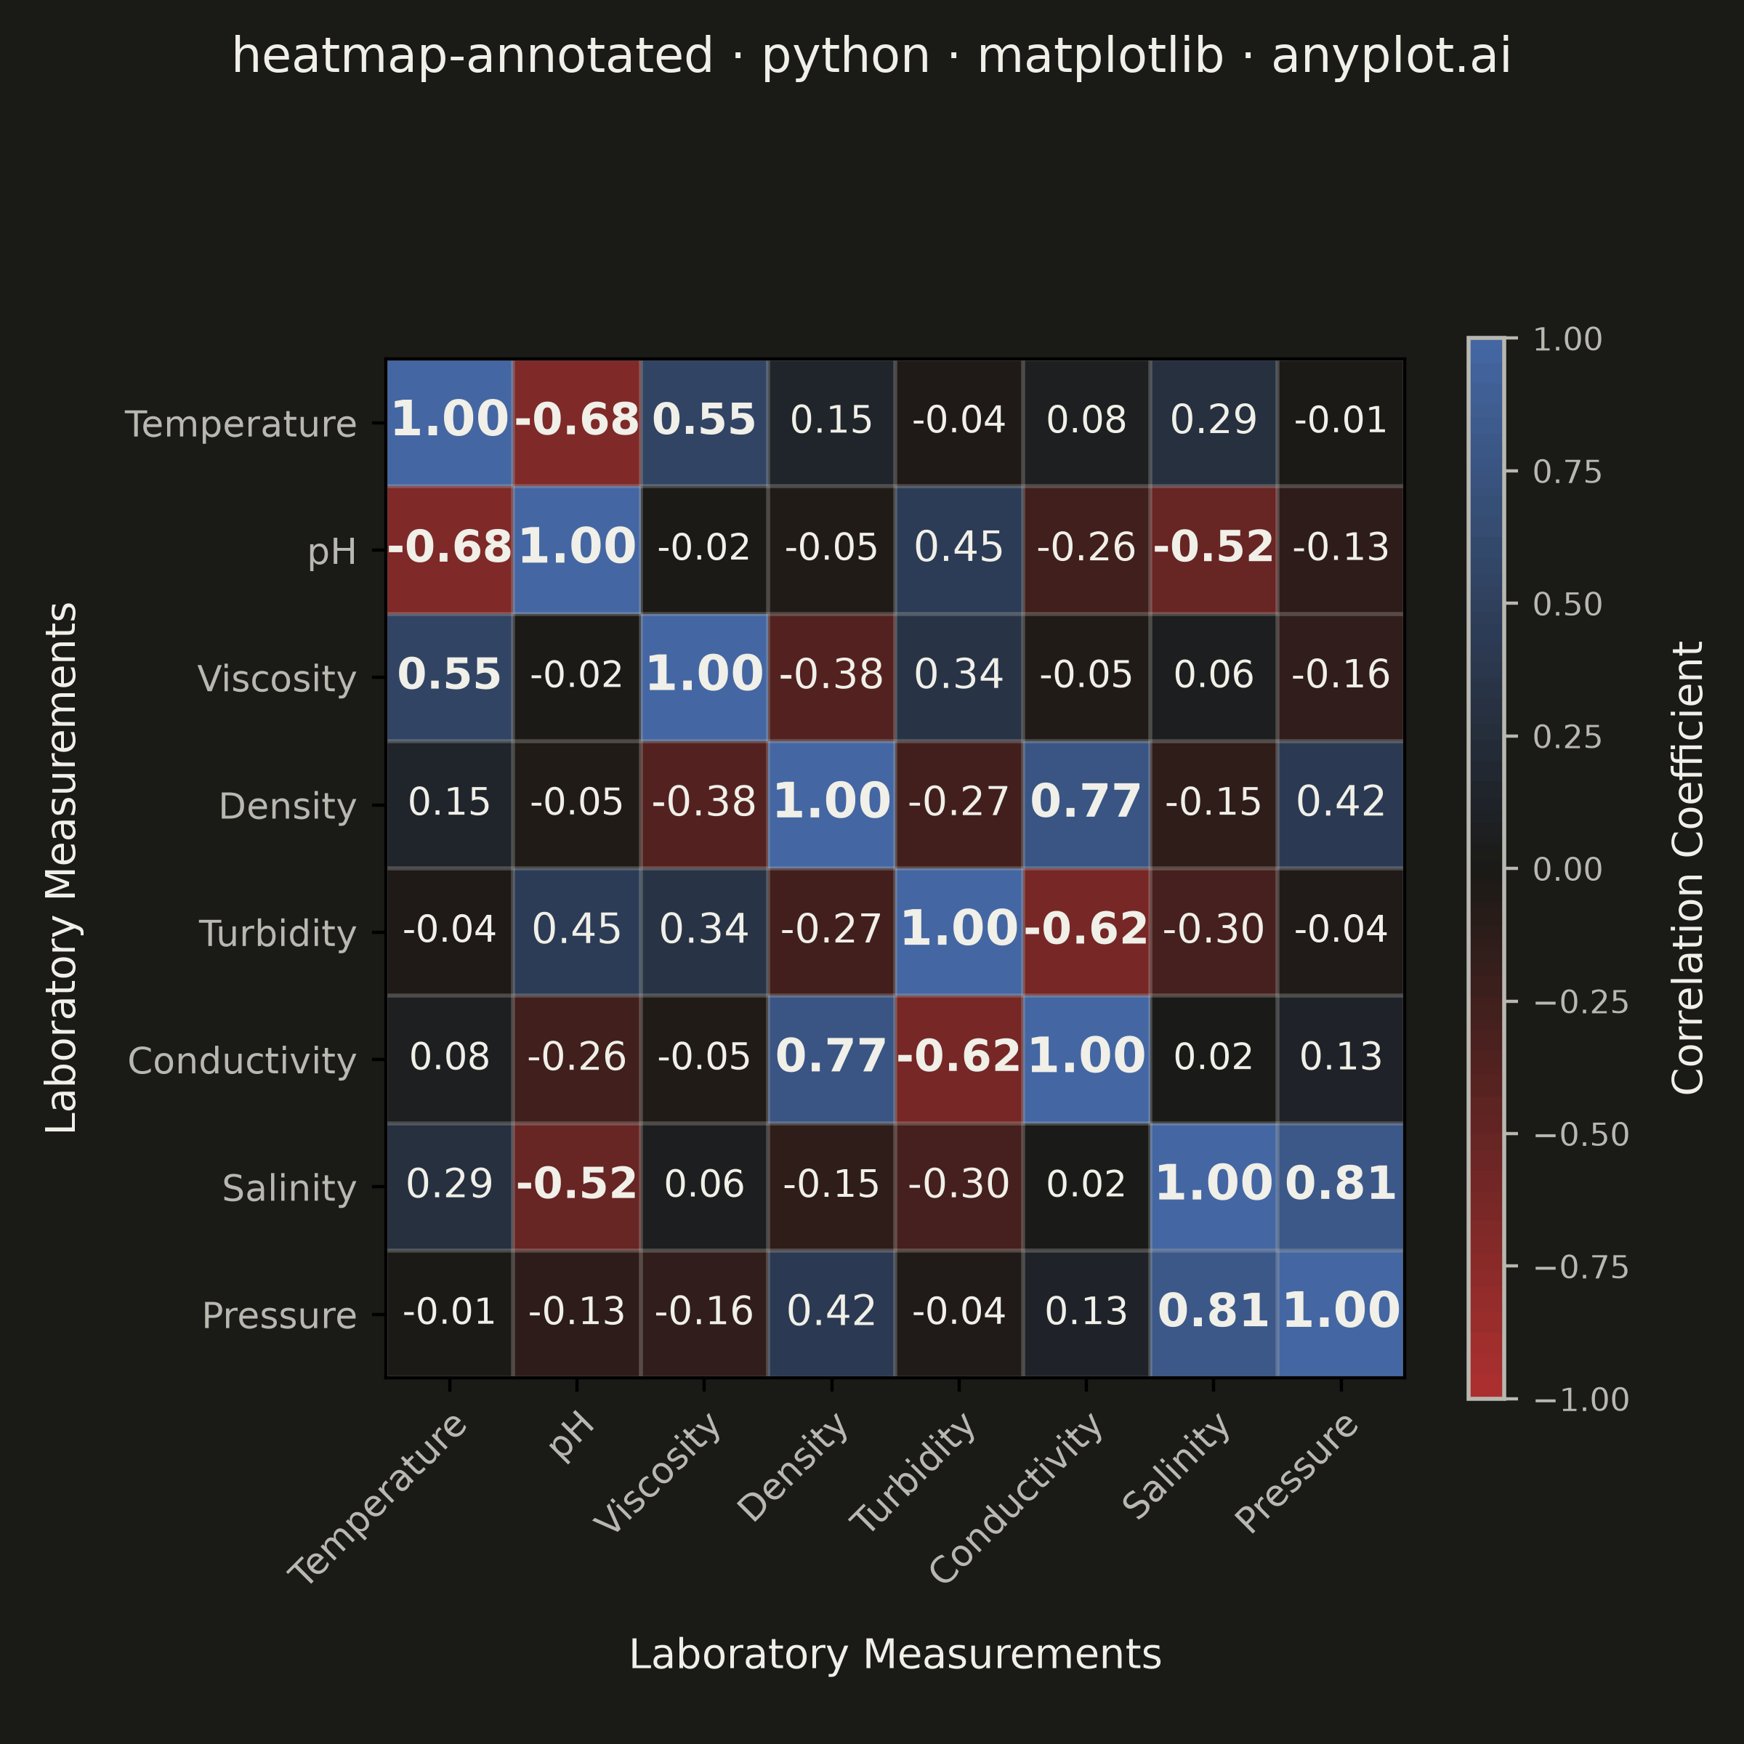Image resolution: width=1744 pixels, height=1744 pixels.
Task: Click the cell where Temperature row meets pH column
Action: [x=577, y=422]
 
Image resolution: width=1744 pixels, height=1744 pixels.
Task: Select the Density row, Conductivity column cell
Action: [x=1086, y=804]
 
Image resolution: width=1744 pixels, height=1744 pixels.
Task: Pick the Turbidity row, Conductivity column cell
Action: [x=1086, y=932]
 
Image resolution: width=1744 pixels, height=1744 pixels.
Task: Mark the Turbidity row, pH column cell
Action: [x=577, y=932]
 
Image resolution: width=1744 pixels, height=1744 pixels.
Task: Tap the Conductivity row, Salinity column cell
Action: [x=1214, y=1059]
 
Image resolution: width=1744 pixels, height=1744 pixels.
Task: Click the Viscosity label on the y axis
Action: [x=277, y=679]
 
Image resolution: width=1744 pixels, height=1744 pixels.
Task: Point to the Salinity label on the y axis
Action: [x=290, y=1188]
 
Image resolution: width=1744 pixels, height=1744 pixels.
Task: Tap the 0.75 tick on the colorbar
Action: [x=1511, y=471]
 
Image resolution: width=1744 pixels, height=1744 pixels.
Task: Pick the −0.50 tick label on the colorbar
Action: [x=1580, y=1134]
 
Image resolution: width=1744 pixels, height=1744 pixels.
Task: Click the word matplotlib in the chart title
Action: [x=1100, y=56]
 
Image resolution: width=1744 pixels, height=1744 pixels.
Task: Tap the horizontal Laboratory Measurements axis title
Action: [x=895, y=1655]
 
